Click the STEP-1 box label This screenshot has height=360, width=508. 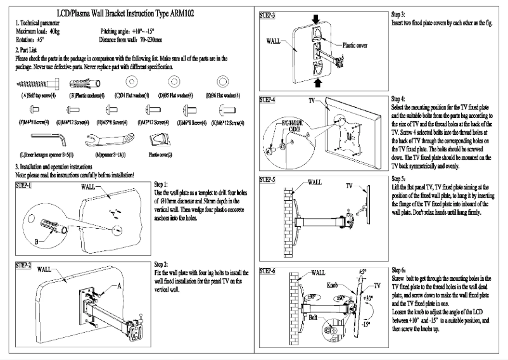tap(23, 185)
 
